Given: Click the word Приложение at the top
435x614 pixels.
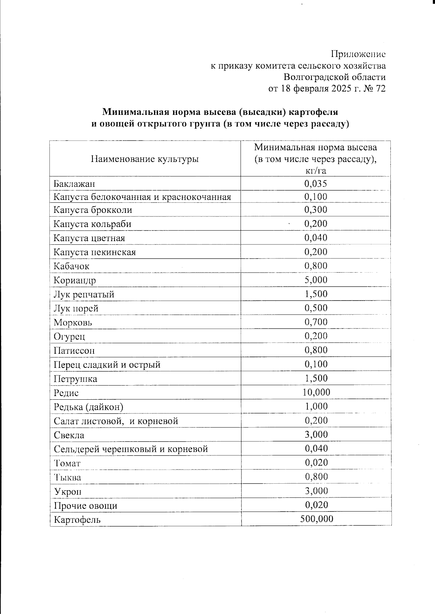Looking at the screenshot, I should (x=358, y=54).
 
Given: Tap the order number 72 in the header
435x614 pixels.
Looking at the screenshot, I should (x=381, y=89).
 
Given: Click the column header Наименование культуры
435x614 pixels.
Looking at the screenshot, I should (x=145, y=159).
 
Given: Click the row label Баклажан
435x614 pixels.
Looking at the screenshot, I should (x=74, y=184).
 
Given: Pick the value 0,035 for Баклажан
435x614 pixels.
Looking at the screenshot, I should (x=316, y=184).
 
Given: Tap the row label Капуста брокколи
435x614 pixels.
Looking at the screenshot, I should (x=93, y=210).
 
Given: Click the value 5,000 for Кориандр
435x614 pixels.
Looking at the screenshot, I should (x=316, y=280).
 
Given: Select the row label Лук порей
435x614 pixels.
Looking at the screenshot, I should (x=76, y=308).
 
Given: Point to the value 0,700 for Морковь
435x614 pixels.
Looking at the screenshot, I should (x=316, y=322).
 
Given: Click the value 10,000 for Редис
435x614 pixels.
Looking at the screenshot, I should (x=316, y=392).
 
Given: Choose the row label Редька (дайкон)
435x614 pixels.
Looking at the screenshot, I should (x=88, y=407).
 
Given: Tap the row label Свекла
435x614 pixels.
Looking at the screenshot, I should (x=69, y=435).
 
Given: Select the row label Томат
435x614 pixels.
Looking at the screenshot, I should (x=67, y=463).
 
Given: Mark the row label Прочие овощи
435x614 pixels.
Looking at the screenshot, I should (x=86, y=506).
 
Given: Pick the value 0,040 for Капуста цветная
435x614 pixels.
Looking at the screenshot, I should (x=316, y=238).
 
